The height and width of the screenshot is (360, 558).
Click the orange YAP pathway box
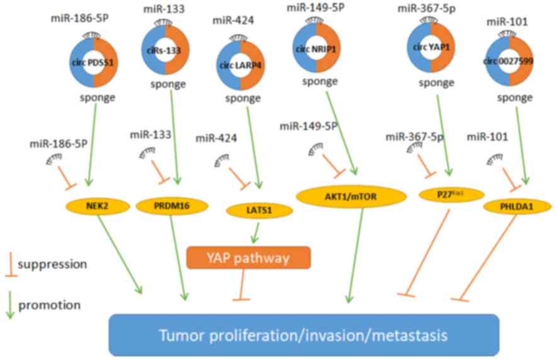pos(249,257)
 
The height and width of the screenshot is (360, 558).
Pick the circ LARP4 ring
pos(240,65)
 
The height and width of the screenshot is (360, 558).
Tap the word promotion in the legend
pos(50,305)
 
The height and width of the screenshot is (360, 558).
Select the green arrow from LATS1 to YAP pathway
pos(255,234)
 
